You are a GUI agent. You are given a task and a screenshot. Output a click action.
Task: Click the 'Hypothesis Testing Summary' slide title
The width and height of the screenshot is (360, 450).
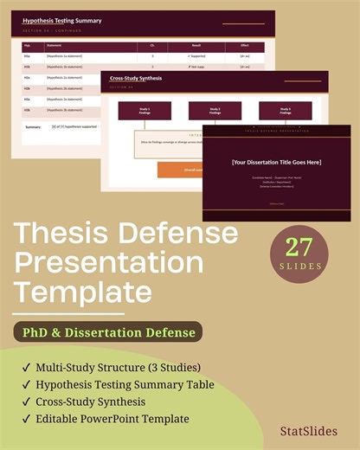click(x=61, y=20)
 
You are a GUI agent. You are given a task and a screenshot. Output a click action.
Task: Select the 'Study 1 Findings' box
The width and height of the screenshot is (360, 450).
click(x=145, y=110)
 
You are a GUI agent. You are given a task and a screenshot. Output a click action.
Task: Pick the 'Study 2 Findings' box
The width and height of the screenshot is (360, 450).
click(x=215, y=110)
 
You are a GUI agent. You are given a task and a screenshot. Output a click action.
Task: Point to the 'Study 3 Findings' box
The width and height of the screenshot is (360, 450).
click(x=286, y=110)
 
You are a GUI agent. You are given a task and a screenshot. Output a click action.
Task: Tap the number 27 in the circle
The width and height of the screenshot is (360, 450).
click(x=299, y=246)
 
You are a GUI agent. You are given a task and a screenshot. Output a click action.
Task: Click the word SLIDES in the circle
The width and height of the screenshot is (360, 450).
click(x=299, y=267)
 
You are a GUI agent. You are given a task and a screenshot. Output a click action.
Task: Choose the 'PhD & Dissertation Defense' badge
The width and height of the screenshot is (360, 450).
click(x=108, y=331)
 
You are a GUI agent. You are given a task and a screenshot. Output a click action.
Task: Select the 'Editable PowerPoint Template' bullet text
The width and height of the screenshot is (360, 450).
click(x=112, y=419)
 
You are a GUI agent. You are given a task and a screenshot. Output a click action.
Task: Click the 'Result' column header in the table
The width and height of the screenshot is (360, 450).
click(x=196, y=47)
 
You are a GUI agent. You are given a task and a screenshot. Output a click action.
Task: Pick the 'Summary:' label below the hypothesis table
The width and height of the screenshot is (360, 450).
click(x=34, y=126)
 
